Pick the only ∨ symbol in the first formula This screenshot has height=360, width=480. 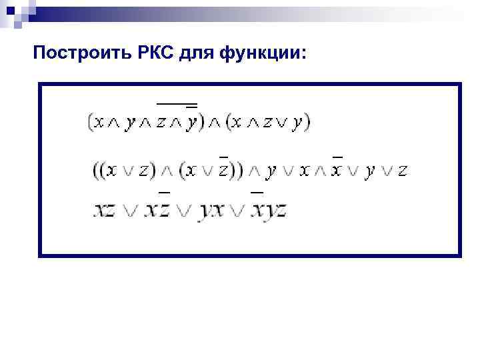[x=282, y=123]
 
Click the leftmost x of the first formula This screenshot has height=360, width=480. [x=99, y=123]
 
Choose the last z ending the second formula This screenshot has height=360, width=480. [x=402, y=171]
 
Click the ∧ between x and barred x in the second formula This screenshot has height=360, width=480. [x=321, y=171]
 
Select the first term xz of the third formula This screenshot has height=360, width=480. [x=105, y=211]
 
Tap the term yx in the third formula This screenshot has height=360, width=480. [x=213, y=211]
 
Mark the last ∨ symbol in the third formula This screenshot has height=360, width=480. [x=238, y=211]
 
